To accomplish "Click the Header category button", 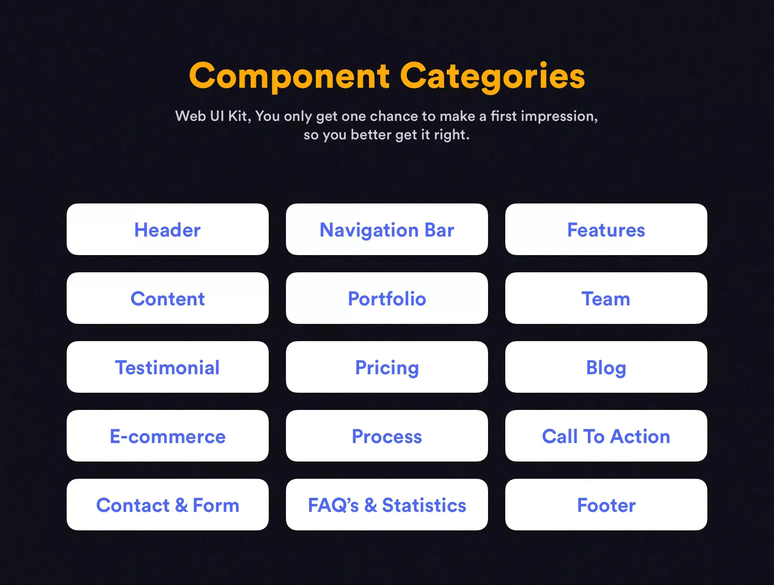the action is click(168, 229).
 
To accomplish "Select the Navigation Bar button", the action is click(387, 229).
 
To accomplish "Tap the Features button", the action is click(606, 229).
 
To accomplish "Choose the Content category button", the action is click(168, 298).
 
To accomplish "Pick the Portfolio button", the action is click(387, 298).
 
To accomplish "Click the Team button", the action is click(606, 298).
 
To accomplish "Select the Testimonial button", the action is click(168, 367).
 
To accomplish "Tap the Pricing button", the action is click(387, 367).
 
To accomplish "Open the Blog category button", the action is click(606, 367).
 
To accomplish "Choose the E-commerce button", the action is click(168, 436).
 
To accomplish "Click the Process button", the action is click(387, 436).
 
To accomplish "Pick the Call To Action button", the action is click(606, 436).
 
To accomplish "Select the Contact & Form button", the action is click(168, 505).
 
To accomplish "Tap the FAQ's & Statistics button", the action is click(387, 505).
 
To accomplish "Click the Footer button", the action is click(606, 505).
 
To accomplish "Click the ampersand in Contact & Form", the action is click(181, 505).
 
